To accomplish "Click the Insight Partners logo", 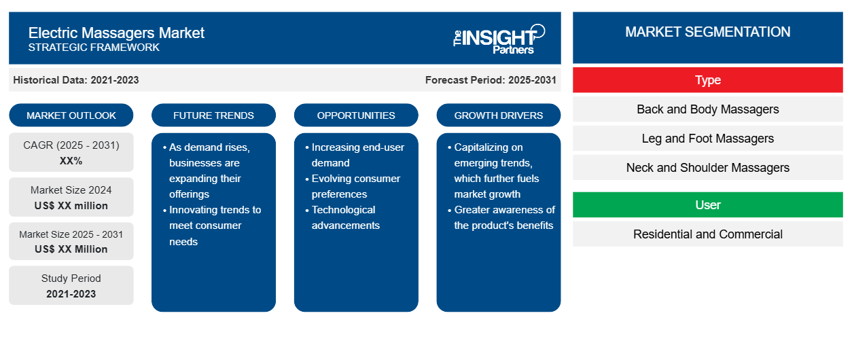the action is [499, 39].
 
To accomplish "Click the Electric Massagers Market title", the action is [116, 33].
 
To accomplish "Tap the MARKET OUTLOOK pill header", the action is [71, 115].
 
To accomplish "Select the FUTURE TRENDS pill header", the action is [213, 115].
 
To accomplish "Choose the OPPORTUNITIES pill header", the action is [356, 115].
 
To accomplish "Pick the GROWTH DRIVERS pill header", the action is [498, 115].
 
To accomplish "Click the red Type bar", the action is [707, 80].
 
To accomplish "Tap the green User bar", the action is [707, 204].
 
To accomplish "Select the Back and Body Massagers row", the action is [707, 109].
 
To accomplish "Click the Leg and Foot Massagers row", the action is [707, 139].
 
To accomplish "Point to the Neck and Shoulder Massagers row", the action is [707, 167].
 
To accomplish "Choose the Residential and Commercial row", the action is [707, 234].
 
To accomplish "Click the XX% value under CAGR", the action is [71, 161].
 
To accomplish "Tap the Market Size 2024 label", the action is [71, 190].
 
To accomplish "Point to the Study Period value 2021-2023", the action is [71, 294].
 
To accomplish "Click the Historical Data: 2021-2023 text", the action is [75, 80].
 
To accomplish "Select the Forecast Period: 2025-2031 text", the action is [491, 80].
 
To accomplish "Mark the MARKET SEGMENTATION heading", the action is [707, 32].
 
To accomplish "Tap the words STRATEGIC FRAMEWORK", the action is [94, 48].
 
